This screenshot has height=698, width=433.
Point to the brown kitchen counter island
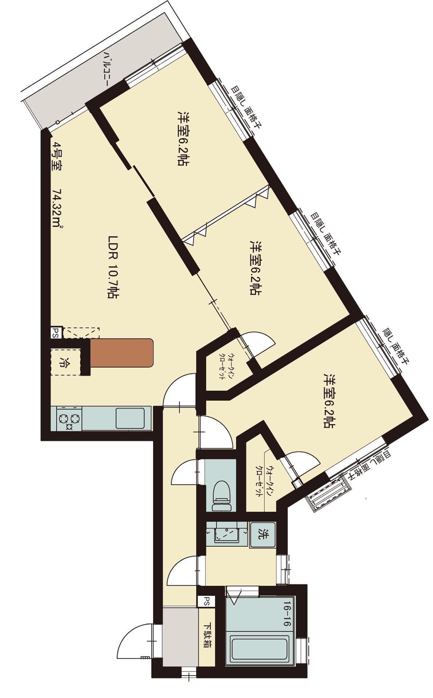(x=121, y=352)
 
